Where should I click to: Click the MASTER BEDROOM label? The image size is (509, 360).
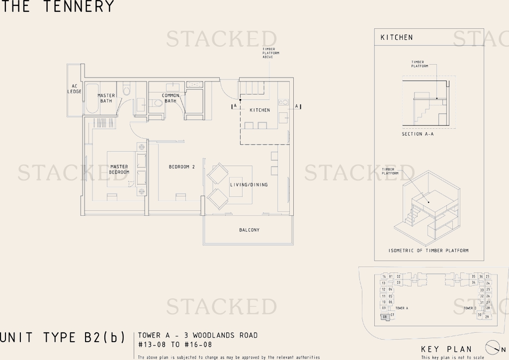(119, 170)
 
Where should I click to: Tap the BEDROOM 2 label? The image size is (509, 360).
(181, 167)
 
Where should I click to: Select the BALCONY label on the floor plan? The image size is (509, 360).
(249, 230)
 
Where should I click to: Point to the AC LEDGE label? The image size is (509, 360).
(75, 89)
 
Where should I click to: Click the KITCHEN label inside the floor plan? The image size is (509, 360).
(259, 110)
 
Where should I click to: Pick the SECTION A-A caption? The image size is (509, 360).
(418, 134)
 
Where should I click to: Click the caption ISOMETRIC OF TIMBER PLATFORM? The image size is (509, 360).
(428, 251)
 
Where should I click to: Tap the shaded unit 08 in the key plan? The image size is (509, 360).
(384, 316)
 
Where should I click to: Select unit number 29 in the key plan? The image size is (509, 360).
(487, 317)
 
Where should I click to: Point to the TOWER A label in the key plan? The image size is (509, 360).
(402, 308)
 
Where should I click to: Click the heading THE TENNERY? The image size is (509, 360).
(57, 6)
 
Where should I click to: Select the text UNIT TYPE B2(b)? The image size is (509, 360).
(62, 338)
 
